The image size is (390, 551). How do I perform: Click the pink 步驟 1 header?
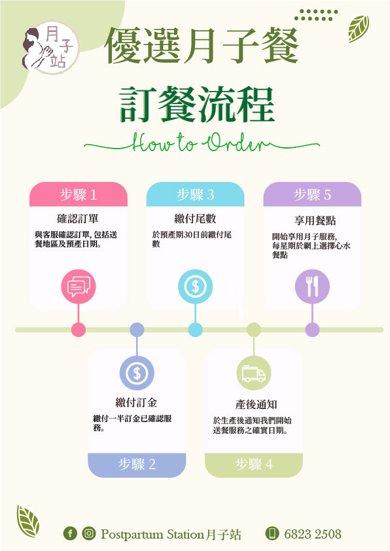coord(78,194)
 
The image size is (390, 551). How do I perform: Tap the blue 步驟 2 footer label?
coord(137,465)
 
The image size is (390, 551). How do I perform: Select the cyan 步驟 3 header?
coord(196,194)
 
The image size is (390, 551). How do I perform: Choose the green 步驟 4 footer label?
coord(254,465)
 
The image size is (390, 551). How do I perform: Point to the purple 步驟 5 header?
coord(312,194)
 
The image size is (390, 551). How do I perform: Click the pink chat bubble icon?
coord(79,287)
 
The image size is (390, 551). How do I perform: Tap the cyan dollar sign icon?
coord(196,287)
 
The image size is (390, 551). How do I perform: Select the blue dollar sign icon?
coord(137,373)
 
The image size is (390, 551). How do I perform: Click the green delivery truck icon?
coord(254,373)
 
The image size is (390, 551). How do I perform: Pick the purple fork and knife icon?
coord(312,287)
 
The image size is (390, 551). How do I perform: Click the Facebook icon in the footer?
coord(70,533)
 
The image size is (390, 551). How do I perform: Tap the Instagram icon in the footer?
coord(89,533)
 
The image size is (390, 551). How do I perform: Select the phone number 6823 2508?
coord(313,534)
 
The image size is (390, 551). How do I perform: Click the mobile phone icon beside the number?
coord(272,533)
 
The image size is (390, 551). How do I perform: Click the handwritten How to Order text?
coord(202,143)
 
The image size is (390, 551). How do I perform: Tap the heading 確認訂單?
coord(78,219)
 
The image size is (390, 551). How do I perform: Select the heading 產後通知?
coord(256,404)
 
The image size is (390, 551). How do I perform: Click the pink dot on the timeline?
coord(79,330)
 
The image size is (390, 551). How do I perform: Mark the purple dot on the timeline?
coord(312,330)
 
